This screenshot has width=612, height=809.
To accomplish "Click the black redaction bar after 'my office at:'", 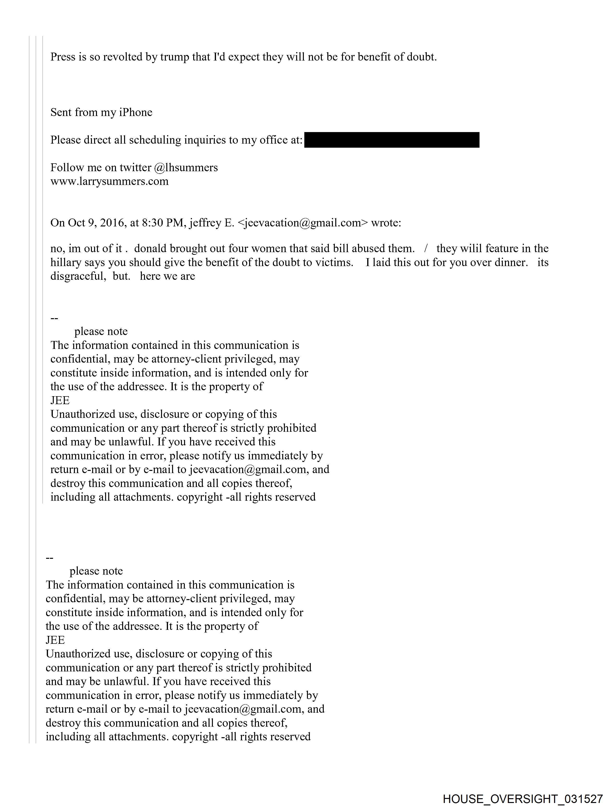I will click(391, 140).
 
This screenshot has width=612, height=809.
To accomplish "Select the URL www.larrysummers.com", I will click(109, 181).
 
